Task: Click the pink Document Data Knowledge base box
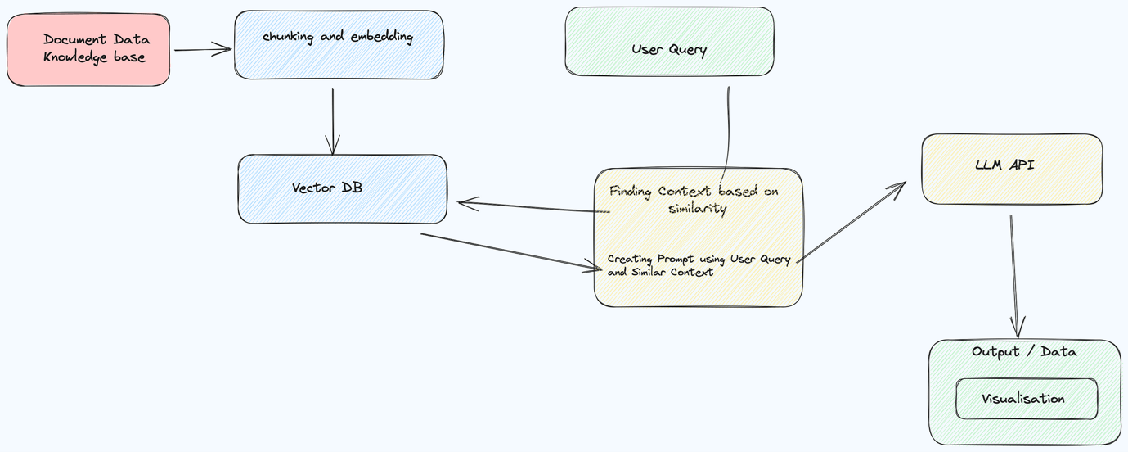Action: (88, 49)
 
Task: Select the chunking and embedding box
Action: (339, 45)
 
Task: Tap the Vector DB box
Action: (343, 189)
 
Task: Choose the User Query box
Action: (669, 41)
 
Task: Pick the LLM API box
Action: (1012, 169)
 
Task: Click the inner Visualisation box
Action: (1027, 399)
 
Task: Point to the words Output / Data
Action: (1024, 352)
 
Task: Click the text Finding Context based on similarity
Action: (694, 200)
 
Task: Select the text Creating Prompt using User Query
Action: (699, 259)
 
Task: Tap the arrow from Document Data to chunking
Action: (203, 49)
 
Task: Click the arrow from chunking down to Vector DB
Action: (333, 122)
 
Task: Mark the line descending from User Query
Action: (726, 133)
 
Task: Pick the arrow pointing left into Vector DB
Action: (534, 206)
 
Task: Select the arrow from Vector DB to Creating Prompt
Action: (511, 252)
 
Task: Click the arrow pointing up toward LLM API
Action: (851, 222)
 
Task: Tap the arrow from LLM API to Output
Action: (1014, 277)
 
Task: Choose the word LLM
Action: (988, 165)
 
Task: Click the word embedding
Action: (382, 37)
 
